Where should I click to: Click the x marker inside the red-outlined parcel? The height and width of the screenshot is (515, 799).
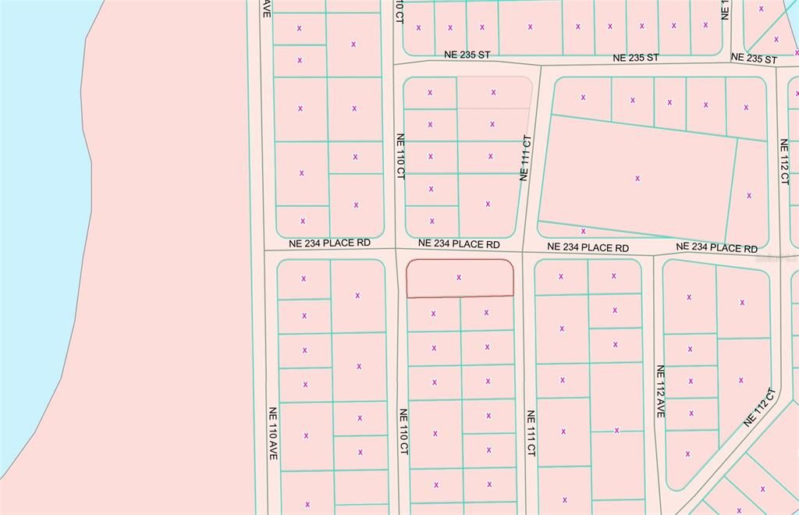coord(459,277)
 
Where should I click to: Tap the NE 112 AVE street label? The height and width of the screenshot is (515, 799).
coord(660,391)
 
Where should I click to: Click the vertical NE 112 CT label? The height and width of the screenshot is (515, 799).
coord(783,162)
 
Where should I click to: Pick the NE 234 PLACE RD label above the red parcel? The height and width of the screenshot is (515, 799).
coord(459,244)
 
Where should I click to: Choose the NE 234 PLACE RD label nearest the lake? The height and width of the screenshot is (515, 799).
coord(329,243)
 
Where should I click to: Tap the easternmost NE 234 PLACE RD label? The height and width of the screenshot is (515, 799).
coord(716,247)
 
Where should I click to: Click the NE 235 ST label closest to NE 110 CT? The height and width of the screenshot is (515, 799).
coord(467,55)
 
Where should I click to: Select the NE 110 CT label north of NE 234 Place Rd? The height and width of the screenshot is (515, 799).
coord(400,155)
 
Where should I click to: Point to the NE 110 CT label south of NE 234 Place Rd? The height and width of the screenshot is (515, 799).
coord(403,432)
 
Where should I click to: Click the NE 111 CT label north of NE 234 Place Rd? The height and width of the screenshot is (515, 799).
coord(526,158)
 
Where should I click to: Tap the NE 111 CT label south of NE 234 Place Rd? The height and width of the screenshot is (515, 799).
coord(531,433)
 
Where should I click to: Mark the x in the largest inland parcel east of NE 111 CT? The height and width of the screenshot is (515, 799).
coord(637,178)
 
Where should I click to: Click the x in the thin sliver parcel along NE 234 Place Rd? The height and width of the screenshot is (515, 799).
coord(583,231)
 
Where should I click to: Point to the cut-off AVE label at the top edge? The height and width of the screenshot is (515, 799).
coord(266,8)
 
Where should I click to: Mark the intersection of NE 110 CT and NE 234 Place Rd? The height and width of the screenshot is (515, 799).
coord(397,250)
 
